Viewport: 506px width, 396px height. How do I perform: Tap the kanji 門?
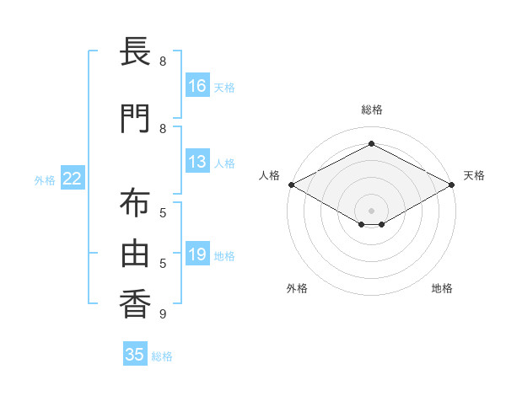point(135,119)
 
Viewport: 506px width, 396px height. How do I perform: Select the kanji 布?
point(135,204)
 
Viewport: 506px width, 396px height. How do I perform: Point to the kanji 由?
point(135,254)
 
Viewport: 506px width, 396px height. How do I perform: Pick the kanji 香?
point(135,304)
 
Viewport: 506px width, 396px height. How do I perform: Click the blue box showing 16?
point(197,85)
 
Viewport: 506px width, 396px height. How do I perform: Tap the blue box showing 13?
point(197,162)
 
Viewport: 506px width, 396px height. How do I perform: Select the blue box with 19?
point(197,254)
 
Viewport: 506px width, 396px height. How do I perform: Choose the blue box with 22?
point(73,179)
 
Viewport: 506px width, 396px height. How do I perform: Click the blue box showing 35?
point(135,355)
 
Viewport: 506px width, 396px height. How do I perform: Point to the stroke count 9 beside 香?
point(162,314)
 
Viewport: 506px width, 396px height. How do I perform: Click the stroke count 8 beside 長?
point(162,62)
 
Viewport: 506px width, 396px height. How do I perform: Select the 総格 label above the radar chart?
point(371,110)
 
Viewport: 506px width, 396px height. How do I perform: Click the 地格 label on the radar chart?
point(442,288)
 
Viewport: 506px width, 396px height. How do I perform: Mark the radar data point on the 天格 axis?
point(453,185)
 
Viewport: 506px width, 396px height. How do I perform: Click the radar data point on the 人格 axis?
point(291,185)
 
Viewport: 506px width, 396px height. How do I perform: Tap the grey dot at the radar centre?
point(371,210)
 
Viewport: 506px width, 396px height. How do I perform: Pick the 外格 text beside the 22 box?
point(44,179)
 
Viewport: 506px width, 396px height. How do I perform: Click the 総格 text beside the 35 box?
point(162,356)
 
